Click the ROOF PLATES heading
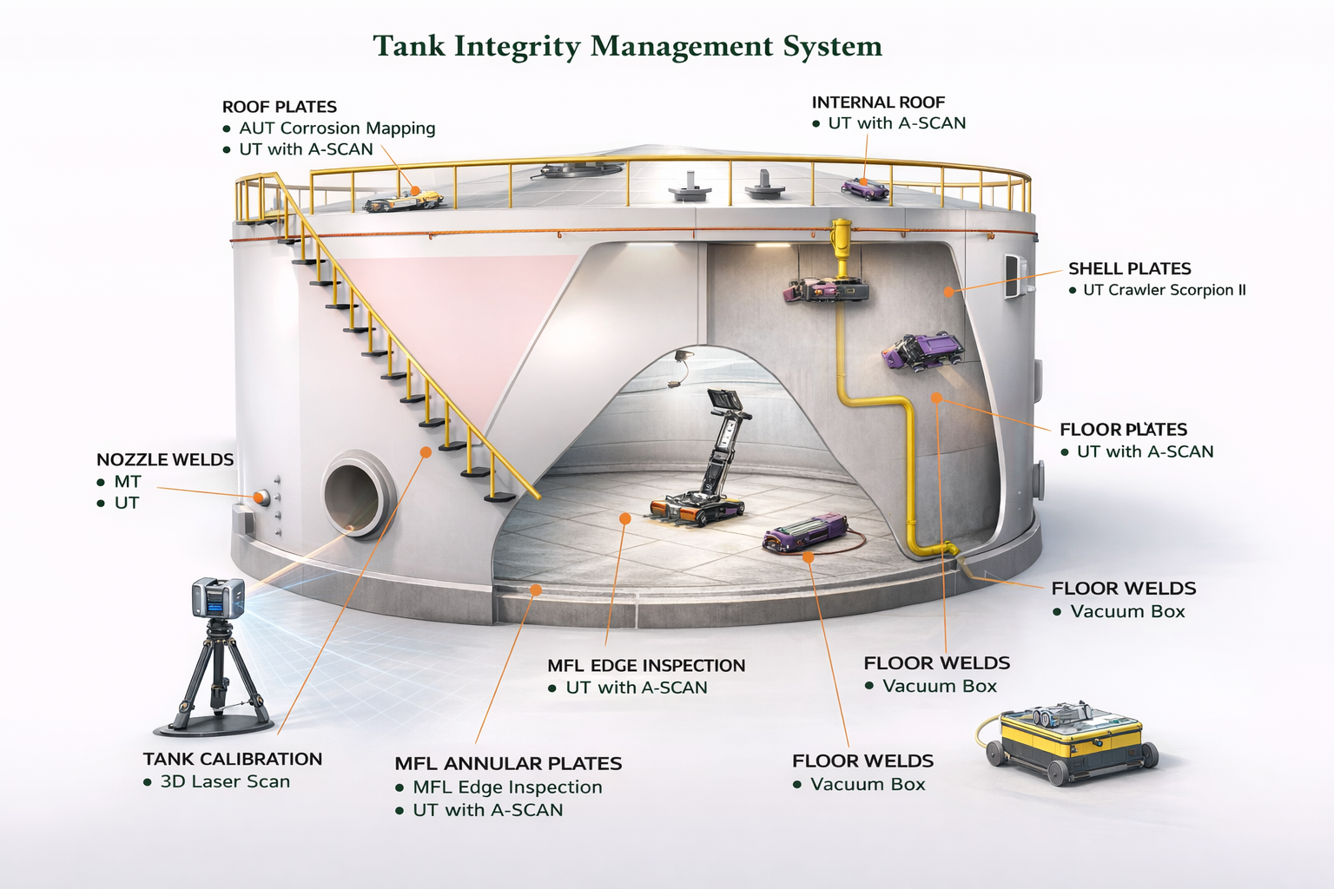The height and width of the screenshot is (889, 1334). (x=279, y=107)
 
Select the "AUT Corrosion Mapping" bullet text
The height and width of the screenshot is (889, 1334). (x=337, y=128)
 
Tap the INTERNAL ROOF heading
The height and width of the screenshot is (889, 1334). (x=878, y=102)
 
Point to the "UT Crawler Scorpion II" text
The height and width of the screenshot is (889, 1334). (x=1164, y=290)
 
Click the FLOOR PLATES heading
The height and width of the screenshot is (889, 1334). (x=1123, y=430)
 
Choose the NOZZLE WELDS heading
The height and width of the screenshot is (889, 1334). (x=165, y=459)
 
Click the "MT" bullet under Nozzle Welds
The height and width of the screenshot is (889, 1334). (x=128, y=482)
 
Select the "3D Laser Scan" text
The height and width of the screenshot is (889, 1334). (x=225, y=781)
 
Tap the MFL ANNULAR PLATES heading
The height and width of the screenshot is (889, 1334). (x=508, y=764)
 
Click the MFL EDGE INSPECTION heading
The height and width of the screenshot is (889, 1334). (x=646, y=666)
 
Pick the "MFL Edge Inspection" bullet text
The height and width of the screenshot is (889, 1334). (x=507, y=787)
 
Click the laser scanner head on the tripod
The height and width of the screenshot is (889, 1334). (x=217, y=597)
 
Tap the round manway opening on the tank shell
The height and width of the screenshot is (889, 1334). (x=354, y=493)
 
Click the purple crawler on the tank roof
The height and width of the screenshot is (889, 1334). (x=864, y=188)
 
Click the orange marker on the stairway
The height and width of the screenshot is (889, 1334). (x=426, y=451)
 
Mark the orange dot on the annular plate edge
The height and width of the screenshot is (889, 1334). (x=536, y=589)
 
